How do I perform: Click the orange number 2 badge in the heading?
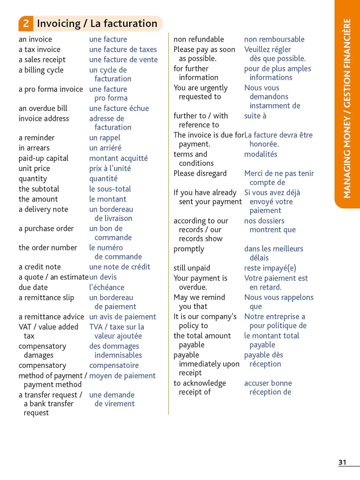[x=26, y=23]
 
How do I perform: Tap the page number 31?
[x=342, y=462]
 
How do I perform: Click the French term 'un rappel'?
[x=105, y=138]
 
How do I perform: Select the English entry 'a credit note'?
[x=40, y=267]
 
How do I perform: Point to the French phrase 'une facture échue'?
[x=119, y=108]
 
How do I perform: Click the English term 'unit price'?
[x=34, y=169]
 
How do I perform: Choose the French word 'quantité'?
[x=103, y=179]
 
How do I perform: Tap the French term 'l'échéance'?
[x=107, y=287]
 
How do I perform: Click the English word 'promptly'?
[x=189, y=249]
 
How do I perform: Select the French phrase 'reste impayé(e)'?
[x=270, y=268]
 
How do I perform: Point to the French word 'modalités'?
[x=260, y=154]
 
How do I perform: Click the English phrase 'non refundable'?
[x=199, y=39]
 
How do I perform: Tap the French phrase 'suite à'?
[x=255, y=116]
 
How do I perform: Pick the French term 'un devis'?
[x=103, y=277]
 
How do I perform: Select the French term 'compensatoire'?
[x=114, y=365]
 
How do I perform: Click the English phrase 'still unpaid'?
[x=192, y=268]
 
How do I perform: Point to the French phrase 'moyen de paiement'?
[x=122, y=376]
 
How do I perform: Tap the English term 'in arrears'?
[x=34, y=148]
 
